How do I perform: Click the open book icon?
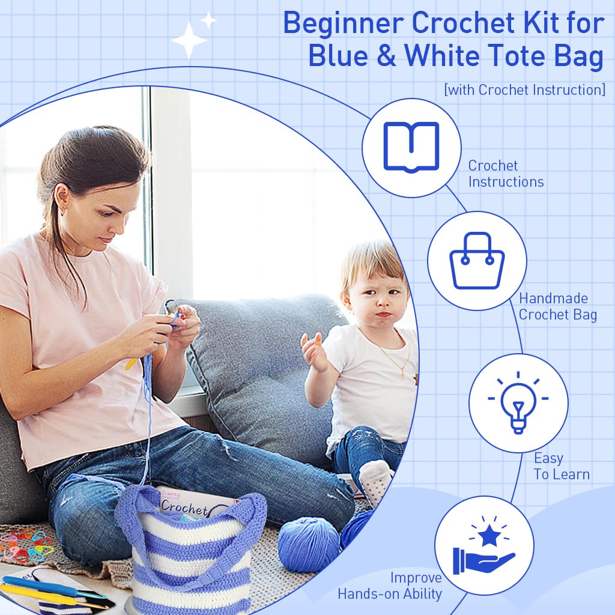click(x=411, y=147)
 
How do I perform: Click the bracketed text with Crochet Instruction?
click(x=524, y=90)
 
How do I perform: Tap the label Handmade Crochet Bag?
click(x=557, y=306)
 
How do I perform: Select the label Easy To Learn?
click(x=561, y=466)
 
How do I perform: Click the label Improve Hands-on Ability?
click(x=390, y=586)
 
